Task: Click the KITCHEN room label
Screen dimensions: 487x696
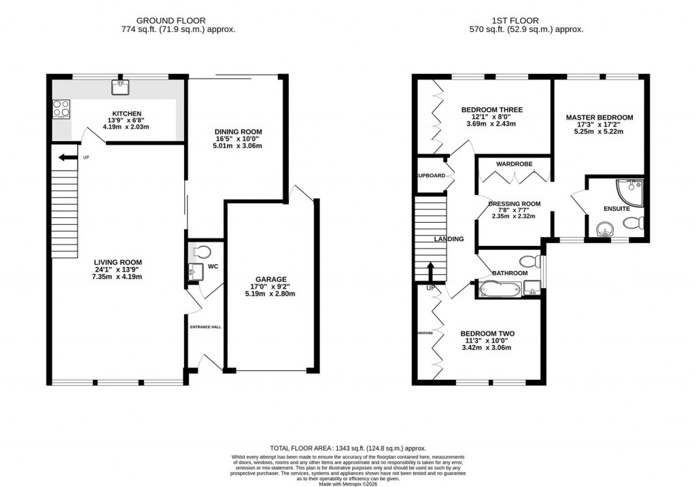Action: (x=126, y=113)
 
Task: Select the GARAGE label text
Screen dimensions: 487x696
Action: (x=271, y=278)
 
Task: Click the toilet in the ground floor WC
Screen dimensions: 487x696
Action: (x=200, y=251)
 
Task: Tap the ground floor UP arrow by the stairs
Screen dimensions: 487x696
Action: (x=67, y=158)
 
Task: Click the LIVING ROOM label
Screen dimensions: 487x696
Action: (x=120, y=262)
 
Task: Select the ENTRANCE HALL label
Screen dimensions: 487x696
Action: (x=205, y=327)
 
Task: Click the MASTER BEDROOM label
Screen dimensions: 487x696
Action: (x=599, y=118)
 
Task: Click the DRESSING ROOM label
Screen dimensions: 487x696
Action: (x=514, y=203)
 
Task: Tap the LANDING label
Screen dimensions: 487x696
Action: (x=449, y=239)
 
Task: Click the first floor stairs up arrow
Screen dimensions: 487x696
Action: (x=430, y=272)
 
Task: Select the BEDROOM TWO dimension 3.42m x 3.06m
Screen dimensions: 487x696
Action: (x=487, y=348)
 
